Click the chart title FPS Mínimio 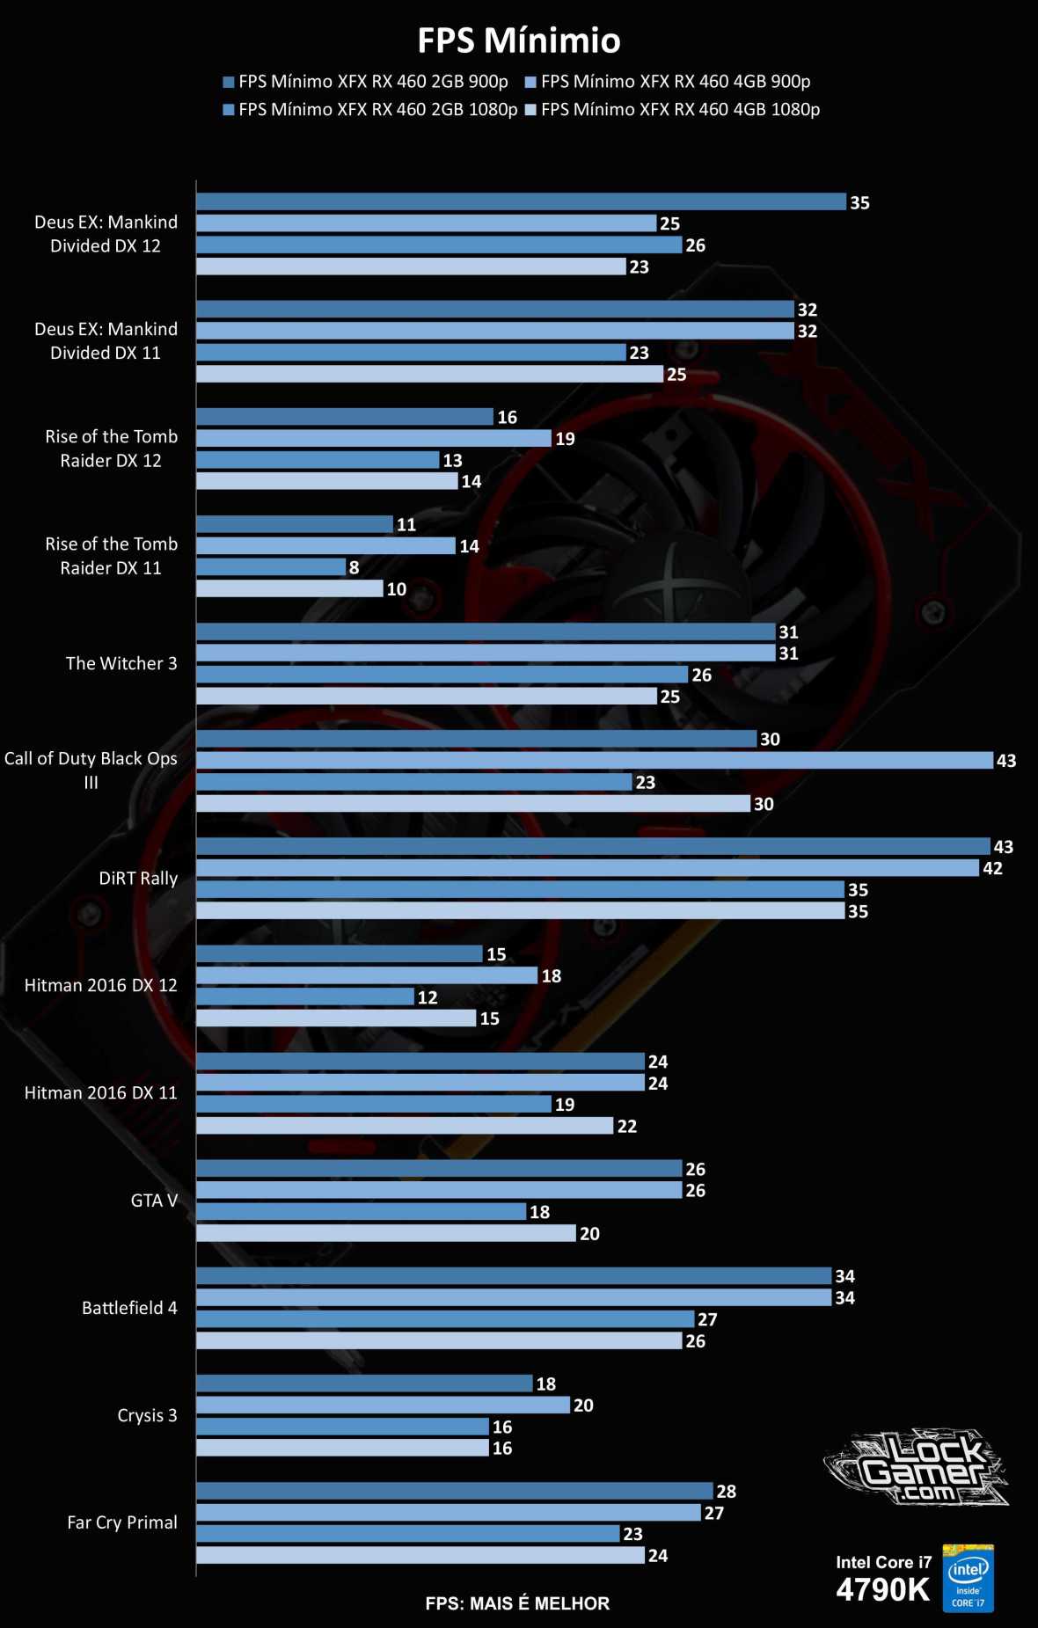518,40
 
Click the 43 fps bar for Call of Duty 594,760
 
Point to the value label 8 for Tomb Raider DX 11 354,568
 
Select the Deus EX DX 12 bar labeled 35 521,201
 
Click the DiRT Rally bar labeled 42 587,868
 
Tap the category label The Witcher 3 121,663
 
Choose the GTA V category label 154,1201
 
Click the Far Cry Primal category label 122,1522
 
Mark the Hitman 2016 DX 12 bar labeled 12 304,997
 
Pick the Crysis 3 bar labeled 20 383,1405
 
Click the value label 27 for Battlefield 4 707,1319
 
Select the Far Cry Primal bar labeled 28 454,1491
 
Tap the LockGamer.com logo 917,1468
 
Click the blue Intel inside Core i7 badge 968,1578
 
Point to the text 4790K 882,1590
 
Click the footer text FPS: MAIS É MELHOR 517,1603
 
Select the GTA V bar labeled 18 361,1211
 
